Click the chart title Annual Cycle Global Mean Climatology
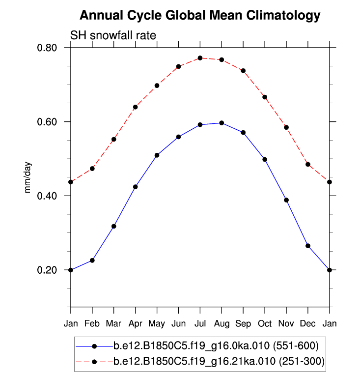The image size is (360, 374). click(200, 16)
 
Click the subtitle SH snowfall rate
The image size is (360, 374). click(113, 35)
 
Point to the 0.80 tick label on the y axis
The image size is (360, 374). click(48, 48)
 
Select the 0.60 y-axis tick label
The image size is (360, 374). click(48, 122)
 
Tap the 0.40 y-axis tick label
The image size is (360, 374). click(48, 196)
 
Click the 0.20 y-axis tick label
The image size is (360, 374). click(48, 270)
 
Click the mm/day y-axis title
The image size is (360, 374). click(28, 177)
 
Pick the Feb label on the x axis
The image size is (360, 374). click(92, 324)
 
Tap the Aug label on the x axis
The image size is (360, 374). click(222, 324)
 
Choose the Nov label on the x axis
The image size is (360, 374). click(286, 324)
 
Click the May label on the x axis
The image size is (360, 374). click(157, 324)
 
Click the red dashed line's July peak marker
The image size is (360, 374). click(200, 58)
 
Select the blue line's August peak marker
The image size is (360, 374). click(222, 123)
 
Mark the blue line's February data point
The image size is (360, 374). click(92, 260)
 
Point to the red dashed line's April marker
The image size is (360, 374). click(135, 107)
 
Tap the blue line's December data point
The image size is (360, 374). click(308, 246)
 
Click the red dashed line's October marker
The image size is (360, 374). click(265, 97)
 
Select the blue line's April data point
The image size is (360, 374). click(135, 187)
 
